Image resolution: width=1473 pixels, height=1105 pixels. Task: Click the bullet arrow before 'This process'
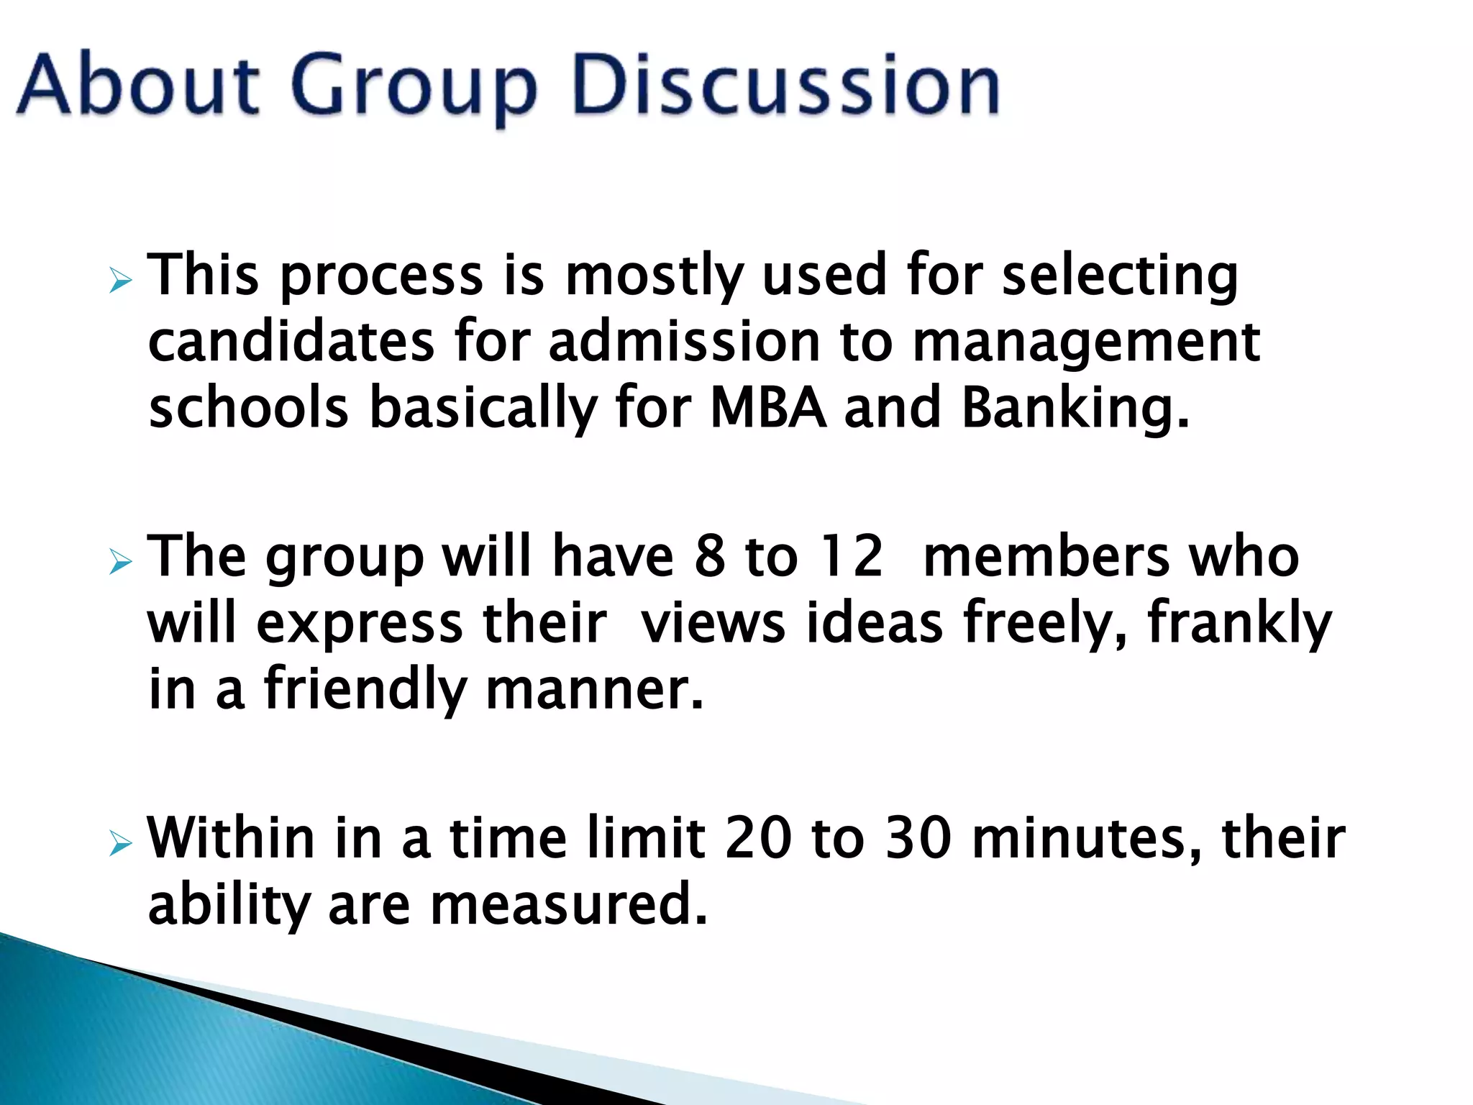point(120,282)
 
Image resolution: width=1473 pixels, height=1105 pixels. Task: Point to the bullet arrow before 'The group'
point(120,563)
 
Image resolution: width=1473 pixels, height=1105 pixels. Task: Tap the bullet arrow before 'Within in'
point(120,844)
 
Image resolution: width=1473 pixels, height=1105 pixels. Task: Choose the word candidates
point(291,342)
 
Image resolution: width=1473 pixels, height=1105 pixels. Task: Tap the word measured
point(569,904)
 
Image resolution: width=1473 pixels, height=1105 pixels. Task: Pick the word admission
point(684,342)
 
